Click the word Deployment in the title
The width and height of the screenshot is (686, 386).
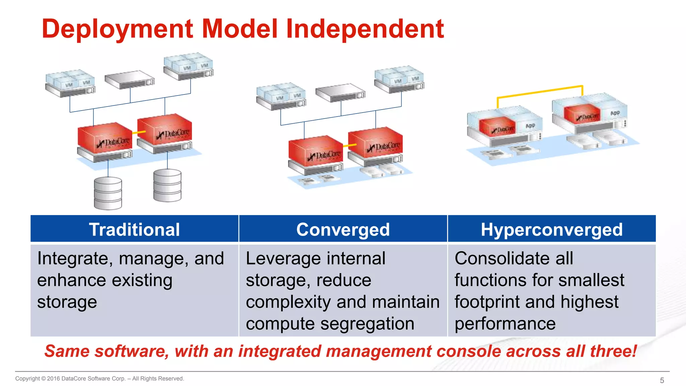tap(117, 29)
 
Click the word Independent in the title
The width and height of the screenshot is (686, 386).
tap(365, 29)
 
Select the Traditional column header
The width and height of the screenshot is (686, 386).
tap(134, 230)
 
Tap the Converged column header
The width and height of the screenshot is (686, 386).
tap(343, 230)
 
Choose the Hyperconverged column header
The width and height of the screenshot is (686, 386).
tap(552, 230)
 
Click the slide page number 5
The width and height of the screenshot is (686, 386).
tap(662, 380)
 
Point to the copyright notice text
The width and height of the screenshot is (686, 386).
tap(99, 379)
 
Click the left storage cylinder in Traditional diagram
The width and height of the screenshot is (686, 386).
tap(108, 193)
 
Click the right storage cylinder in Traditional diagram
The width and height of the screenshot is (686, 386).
tap(167, 185)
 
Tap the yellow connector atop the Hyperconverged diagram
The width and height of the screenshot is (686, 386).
tap(539, 91)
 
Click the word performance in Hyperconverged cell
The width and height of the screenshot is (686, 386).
tap(505, 324)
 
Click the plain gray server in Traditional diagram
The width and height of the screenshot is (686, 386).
tap(129, 80)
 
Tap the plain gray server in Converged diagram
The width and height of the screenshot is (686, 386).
tap(340, 93)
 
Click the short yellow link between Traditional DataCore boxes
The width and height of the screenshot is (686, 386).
tap(139, 132)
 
